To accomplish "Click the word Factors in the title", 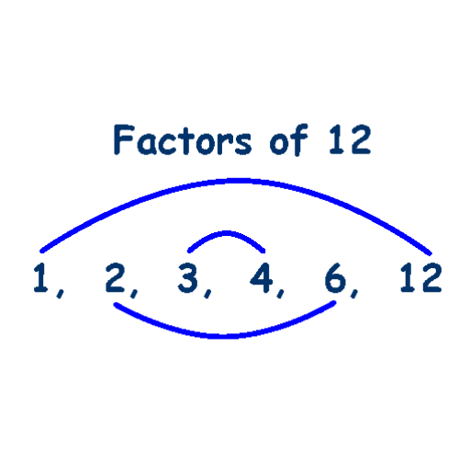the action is pos(183,140).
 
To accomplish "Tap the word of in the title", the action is pos(289,140).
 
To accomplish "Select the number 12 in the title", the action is pos(350,140).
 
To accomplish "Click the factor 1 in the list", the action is pos(41,278).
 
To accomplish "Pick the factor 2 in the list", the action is pos(115,278).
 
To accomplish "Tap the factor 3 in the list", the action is pos(187,278).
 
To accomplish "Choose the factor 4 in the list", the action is pos(262,278).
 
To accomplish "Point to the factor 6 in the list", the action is pos(335,278).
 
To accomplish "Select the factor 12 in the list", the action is pos(420,278).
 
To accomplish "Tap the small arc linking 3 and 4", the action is pos(227,233).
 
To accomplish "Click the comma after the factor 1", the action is pos(61,293).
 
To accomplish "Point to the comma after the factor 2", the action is pos(134,293).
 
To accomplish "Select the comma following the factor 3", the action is pos(207,293).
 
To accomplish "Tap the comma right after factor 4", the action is pos(280,293).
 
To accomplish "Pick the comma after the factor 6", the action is pos(354,293).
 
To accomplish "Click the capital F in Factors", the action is pos(124,140).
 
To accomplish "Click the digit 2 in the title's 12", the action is pos(361,140).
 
